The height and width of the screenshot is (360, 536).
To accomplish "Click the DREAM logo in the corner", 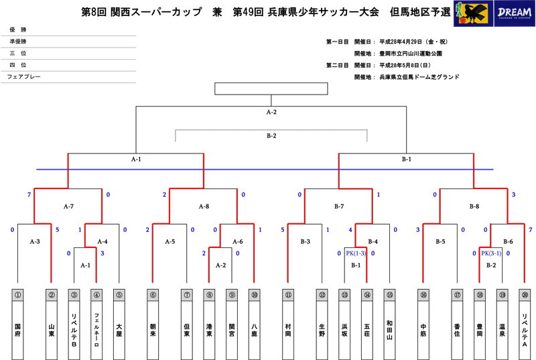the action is click(x=514, y=13).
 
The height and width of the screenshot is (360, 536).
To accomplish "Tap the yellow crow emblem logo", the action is click(x=473, y=13).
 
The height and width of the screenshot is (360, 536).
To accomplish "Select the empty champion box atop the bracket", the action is click(x=271, y=88).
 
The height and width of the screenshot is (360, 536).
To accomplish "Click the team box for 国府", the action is click(x=18, y=324).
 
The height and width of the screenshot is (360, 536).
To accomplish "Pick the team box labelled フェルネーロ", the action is click(x=96, y=324).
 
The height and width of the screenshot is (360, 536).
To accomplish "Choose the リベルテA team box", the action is click(x=525, y=324).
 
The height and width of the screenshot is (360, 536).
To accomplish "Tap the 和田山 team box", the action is click(x=390, y=324).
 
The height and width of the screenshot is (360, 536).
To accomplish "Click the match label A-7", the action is click(x=68, y=206).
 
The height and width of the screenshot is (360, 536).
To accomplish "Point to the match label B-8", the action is click(x=474, y=206).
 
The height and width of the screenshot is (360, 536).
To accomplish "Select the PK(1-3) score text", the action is click(x=356, y=253).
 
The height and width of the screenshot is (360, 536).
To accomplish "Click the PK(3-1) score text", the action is click(x=491, y=253).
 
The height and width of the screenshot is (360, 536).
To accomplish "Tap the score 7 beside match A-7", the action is click(x=29, y=194).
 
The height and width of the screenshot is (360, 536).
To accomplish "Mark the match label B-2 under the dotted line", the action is click(x=271, y=135).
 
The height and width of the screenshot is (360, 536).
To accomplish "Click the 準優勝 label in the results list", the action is click(x=18, y=42).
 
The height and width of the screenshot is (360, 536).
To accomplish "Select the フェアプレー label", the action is click(x=23, y=76).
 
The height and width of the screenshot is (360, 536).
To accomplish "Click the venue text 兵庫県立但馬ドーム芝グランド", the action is click(x=419, y=77).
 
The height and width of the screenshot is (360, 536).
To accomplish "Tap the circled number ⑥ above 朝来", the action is click(x=153, y=295).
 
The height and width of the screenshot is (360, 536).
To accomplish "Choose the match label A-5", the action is click(x=170, y=242).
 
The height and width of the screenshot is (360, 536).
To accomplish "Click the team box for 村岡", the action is click(x=288, y=324).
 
